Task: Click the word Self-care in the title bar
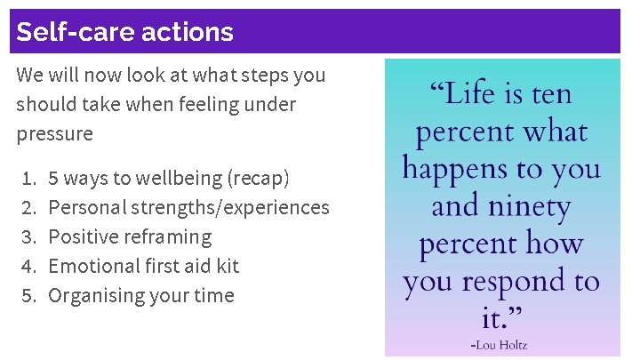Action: pyautogui.click(x=69, y=32)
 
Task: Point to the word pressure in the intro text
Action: pyautogui.click(x=54, y=134)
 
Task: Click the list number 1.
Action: pyautogui.click(x=27, y=179)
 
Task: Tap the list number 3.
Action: pyautogui.click(x=27, y=237)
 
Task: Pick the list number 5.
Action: pyautogui.click(x=27, y=296)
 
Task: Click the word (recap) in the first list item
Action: pyautogui.click(x=259, y=179)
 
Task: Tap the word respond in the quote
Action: pyautogui.click(x=516, y=282)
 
